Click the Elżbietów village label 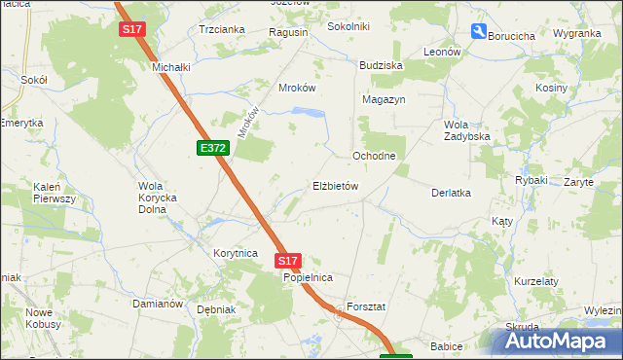click(x=336, y=186)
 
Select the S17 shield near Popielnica click(x=287, y=261)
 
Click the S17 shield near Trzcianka click(x=132, y=30)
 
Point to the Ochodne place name click(x=374, y=156)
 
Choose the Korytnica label click(x=235, y=252)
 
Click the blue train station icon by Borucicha click(x=478, y=31)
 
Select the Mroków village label click(x=298, y=87)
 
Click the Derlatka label click(x=451, y=193)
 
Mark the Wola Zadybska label click(x=466, y=130)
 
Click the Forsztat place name click(x=366, y=306)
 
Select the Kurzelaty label click(x=536, y=281)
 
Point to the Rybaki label click(x=531, y=180)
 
